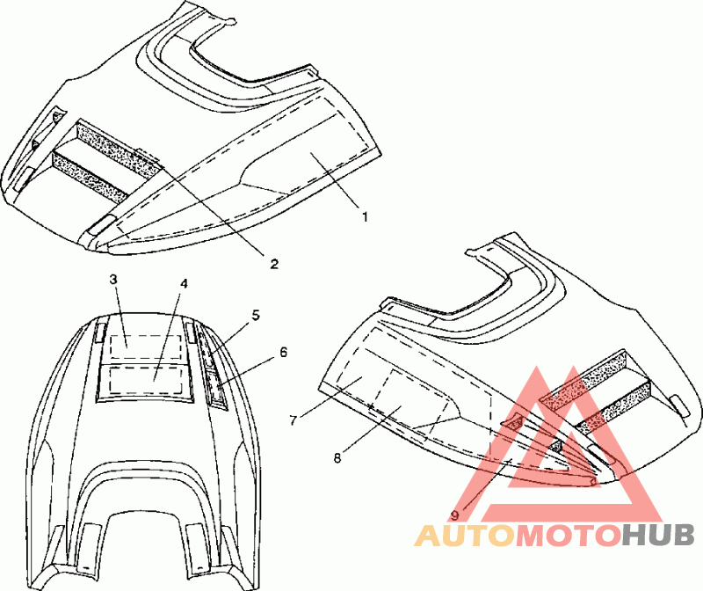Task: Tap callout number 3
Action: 113,280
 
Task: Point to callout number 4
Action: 185,284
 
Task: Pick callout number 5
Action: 256,314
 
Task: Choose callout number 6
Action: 283,352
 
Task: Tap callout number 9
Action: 455,515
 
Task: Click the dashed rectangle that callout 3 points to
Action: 137,345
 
